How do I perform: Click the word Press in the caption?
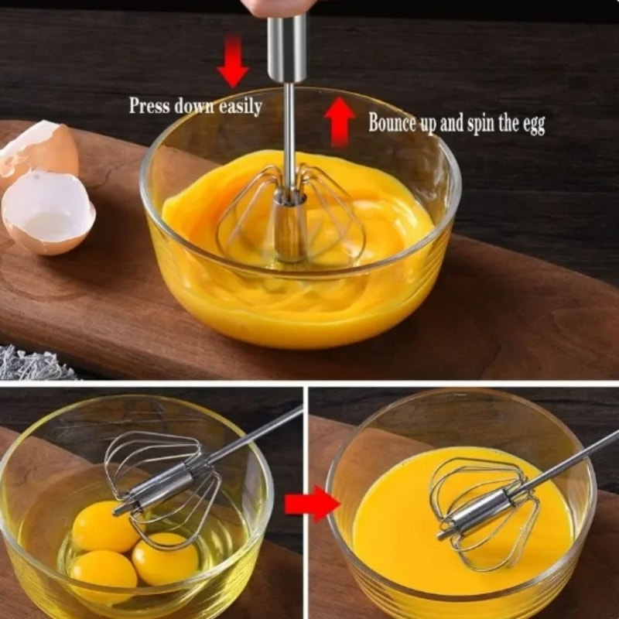(x=149, y=106)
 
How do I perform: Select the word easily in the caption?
(x=239, y=106)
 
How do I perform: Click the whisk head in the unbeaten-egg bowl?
(x=162, y=480)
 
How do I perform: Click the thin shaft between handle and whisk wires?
(x=289, y=132)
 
